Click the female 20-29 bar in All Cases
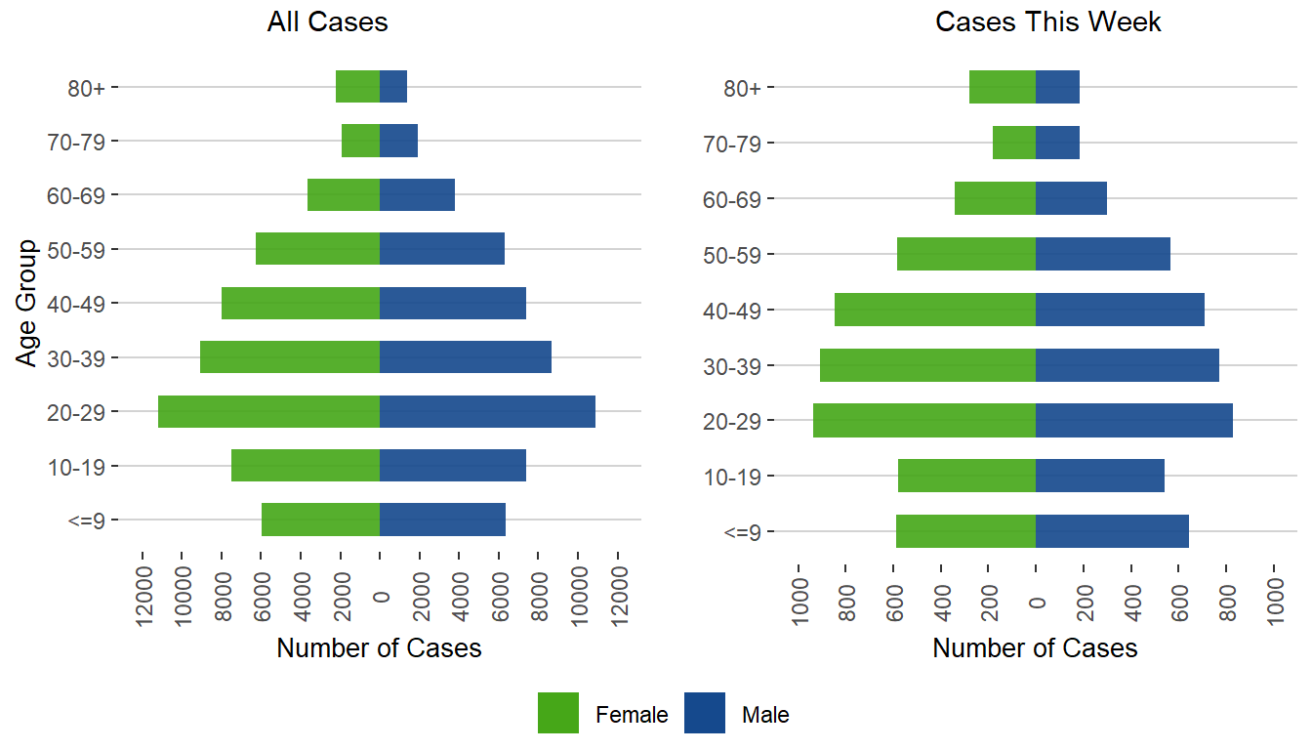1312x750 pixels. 268,411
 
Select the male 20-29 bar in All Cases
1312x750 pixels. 487,411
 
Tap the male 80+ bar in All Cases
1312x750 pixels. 393,87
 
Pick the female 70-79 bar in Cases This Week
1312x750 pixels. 1014,143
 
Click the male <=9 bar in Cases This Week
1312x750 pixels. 1112,531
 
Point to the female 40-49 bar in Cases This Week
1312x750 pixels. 935,310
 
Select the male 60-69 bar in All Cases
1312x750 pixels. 417,194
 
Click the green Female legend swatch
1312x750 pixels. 558,713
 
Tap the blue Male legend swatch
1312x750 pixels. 705,713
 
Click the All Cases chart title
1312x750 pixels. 328,22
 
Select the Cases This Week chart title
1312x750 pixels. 1048,22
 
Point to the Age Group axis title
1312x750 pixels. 27,303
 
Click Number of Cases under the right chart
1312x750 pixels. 1035,648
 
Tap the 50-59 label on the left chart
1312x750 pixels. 83,249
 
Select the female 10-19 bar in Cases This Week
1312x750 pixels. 966,476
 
